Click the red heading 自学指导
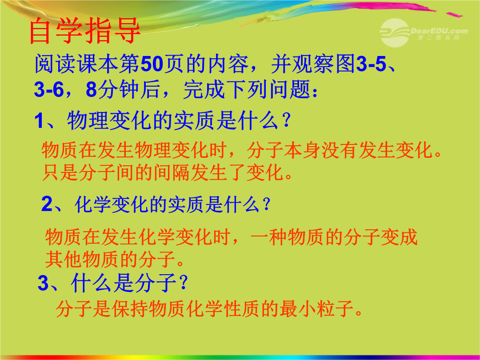click(85, 31)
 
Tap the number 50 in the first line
click(151, 64)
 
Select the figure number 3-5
click(371, 64)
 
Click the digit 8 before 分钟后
click(92, 90)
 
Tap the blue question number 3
click(43, 283)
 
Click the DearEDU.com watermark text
click(439, 31)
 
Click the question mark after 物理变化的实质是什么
click(287, 120)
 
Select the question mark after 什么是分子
click(184, 283)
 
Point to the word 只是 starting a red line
click(60, 172)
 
